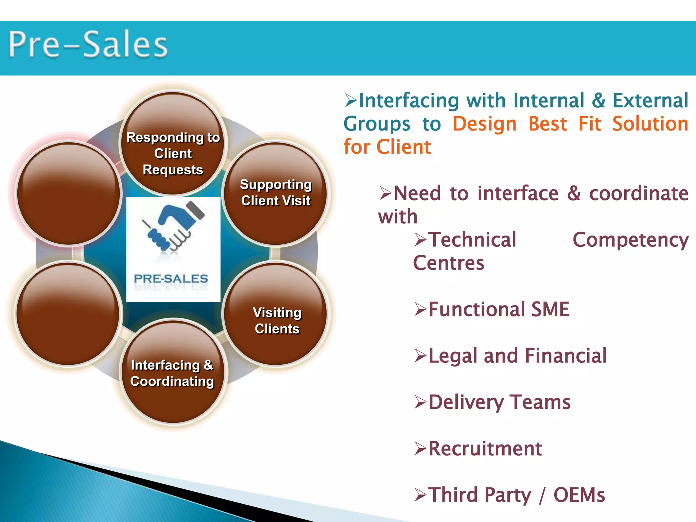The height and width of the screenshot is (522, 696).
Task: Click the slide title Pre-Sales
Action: click(88, 45)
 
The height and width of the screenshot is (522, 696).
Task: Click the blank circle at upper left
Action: click(69, 193)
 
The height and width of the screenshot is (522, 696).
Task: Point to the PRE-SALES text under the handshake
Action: click(171, 279)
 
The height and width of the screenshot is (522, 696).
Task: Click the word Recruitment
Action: click(485, 449)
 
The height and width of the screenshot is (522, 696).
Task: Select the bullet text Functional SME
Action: click(499, 309)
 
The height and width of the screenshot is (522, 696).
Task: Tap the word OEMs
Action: click(579, 495)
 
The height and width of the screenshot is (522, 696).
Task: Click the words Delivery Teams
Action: click(499, 402)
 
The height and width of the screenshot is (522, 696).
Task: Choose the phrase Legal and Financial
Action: click(517, 356)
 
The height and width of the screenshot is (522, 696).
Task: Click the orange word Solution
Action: click(650, 124)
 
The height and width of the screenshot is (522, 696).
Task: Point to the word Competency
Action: click(630, 240)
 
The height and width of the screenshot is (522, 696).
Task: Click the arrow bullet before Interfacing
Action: click(350, 100)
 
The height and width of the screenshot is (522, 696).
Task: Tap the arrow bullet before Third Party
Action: click(420, 495)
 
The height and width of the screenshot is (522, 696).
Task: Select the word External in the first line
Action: click(650, 101)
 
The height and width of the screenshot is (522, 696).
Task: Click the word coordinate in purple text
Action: click(639, 193)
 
